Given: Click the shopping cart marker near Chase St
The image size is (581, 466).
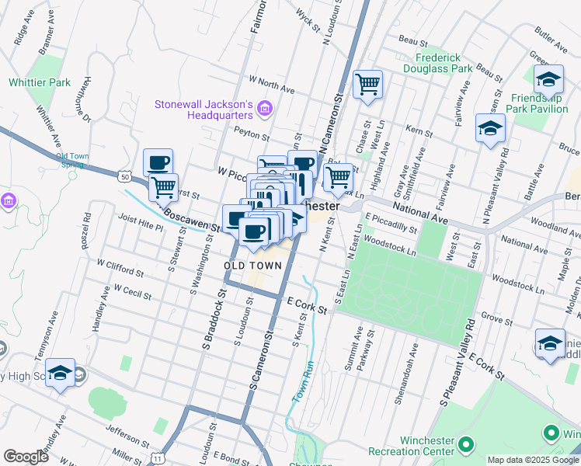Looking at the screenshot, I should click(367, 83).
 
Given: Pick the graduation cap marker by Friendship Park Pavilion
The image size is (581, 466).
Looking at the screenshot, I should click(548, 78).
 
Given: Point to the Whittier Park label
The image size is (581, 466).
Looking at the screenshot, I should click(40, 82).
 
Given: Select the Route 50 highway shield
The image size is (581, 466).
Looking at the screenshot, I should click(124, 177).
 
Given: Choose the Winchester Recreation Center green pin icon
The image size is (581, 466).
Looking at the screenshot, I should click(466, 445).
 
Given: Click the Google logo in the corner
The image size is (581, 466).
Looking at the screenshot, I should click(26, 457).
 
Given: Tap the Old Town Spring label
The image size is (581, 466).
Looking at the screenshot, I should click(72, 161).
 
